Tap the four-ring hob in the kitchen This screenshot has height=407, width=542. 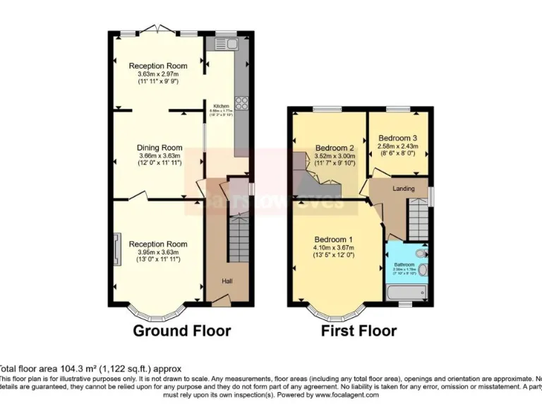(241, 102)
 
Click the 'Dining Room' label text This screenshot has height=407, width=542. (159, 148)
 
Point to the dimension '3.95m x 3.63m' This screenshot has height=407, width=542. (159, 252)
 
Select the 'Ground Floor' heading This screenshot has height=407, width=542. (182, 330)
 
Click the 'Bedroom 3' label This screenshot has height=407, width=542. (397, 138)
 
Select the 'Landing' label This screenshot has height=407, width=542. (404, 188)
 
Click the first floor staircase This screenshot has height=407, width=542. (418, 219)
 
